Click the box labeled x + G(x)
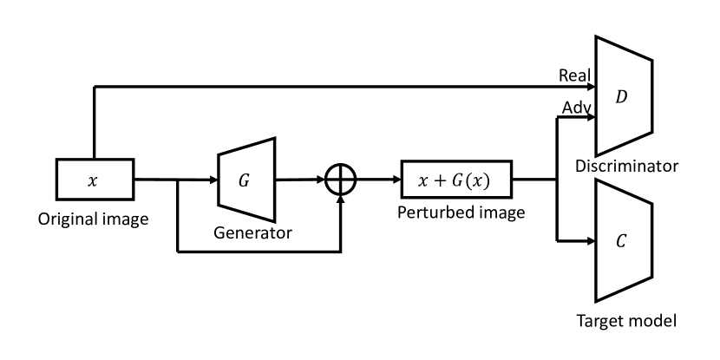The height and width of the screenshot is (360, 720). [456, 181]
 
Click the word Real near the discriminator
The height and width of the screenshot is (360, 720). [576, 76]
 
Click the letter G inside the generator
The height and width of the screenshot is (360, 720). [244, 180]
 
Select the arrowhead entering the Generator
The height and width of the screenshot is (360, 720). [213, 180]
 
